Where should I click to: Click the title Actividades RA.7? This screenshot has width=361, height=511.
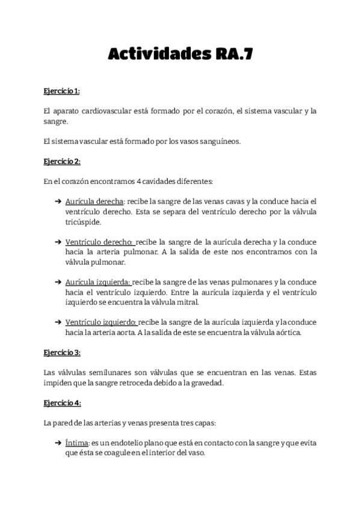click(x=180, y=54)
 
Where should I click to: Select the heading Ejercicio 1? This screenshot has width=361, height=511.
click(x=61, y=91)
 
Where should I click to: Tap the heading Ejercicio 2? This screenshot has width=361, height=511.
click(x=62, y=161)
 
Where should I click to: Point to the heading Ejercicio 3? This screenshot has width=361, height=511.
click(x=62, y=352)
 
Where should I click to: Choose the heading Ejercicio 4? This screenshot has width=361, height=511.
click(x=62, y=403)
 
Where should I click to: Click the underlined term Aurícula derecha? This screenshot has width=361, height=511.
click(x=94, y=201)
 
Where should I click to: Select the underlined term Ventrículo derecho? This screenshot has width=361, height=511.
click(x=99, y=242)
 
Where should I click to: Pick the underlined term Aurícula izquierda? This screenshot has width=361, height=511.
click(x=97, y=282)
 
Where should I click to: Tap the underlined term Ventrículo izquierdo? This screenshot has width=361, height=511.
click(x=101, y=322)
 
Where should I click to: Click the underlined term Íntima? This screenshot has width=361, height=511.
click(x=77, y=443)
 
